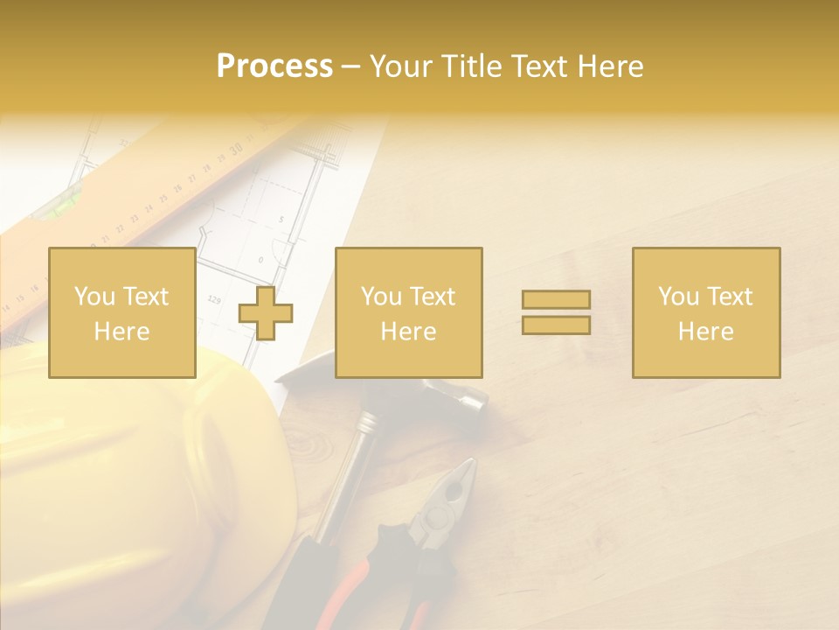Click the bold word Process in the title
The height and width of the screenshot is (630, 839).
pyautogui.click(x=274, y=66)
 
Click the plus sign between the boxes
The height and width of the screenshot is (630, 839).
pyautogui.click(x=266, y=313)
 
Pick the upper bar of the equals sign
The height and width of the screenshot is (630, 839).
pyautogui.click(x=556, y=300)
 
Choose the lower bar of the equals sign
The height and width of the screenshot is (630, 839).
pyautogui.click(x=556, y=325)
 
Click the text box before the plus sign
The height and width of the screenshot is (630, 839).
pyautogui.click(x=122, y=313)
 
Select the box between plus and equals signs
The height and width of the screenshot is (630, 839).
pyautogui.click(x=409, y=313)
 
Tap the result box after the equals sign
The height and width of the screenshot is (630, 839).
pyautogui.click(x=706, y=313)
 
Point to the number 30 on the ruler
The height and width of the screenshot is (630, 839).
pyautogui.click(x=236, y=150)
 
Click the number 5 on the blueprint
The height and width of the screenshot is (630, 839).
pyautogui.click(x=281, y=220)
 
